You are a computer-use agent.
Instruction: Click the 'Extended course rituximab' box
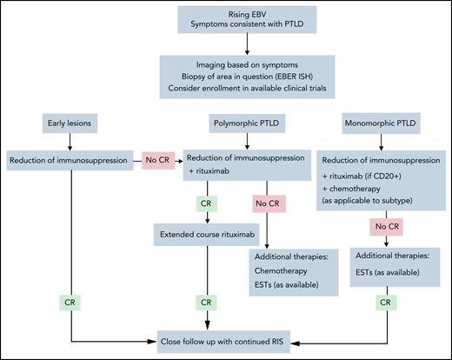[206, 233]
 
